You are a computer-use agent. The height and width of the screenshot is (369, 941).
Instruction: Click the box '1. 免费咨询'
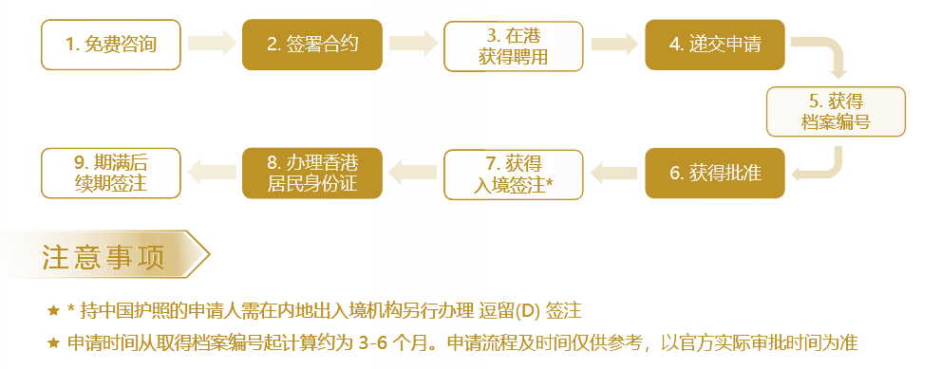pos(111,45)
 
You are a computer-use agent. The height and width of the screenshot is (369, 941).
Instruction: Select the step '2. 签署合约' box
pos(312,45)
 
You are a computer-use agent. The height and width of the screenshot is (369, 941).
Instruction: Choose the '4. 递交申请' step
pos(715,45)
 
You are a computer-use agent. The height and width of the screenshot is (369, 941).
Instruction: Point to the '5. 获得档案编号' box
pos(836,112)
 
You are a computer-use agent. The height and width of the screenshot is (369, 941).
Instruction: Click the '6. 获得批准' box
pos(715,173)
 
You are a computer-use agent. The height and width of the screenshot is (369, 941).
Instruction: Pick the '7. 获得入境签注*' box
pos(514,175)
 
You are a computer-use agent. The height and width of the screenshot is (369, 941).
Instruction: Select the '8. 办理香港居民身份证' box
pos(312,173)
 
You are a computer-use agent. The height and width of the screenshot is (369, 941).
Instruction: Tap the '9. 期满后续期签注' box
pos(111,173)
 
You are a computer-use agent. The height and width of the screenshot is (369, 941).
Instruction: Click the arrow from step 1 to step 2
pos(212,44)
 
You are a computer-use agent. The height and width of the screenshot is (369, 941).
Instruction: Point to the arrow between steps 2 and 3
pos(413,44)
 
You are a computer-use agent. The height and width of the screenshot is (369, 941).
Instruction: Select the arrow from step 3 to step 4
pos(614,44)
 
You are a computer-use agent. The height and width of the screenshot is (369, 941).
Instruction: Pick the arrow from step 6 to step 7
pos(614,174)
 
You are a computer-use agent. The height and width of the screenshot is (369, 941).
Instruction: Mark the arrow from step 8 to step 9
pos(212,173)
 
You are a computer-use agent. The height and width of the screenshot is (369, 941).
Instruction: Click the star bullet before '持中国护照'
pos(53,311)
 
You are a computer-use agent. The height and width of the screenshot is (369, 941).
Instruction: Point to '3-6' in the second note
pos(372,343)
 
